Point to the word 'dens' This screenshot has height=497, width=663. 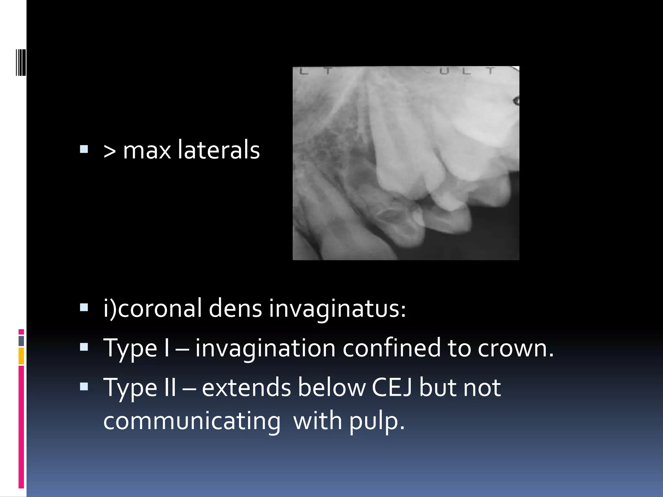click(x=235, y=308)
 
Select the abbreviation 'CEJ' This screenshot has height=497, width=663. click(x=392, y=388)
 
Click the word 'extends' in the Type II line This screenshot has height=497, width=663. click(x=246, y=388)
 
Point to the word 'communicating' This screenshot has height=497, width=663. click(x=192, y=422)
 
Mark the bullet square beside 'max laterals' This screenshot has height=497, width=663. click(x=84, y=149)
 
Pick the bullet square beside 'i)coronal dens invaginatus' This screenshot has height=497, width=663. click(x=84, y=307)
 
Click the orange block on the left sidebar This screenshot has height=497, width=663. click(x=21, y=356)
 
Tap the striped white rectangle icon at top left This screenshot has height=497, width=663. click(x=20, y=62)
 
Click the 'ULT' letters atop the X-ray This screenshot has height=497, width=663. click(x=466, y=71)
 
